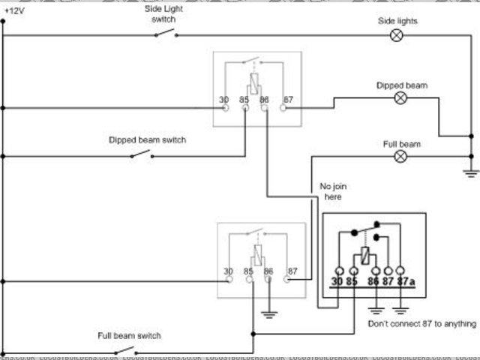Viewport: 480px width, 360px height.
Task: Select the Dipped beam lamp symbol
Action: point(400,99)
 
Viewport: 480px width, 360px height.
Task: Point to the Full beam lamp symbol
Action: point(400,156)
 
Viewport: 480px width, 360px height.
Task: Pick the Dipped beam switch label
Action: point(147,139)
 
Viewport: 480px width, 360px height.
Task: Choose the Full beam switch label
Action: point(129,335)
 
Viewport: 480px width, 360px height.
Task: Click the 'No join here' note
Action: point(331,191)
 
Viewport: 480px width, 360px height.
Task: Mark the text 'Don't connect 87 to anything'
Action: point(421,324)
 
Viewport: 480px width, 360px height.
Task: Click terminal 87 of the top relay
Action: point(287,100)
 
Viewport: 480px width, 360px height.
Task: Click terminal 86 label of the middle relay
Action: point(268,271)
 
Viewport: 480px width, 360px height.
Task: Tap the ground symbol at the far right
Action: point(469,173)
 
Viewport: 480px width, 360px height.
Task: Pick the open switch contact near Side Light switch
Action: point(166,34)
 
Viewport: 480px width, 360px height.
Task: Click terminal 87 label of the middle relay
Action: point(292,271)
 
